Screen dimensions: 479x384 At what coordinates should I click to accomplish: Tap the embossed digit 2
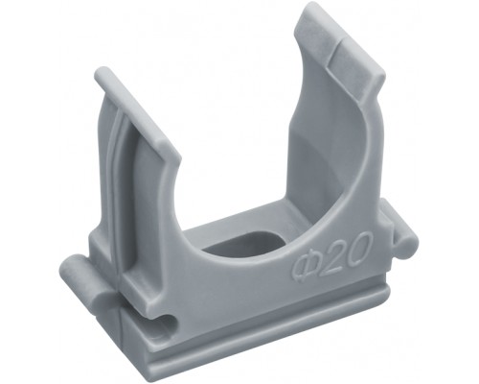click(x=331, y=257)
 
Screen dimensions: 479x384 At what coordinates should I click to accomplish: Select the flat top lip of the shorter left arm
click(x=137, y=112)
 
